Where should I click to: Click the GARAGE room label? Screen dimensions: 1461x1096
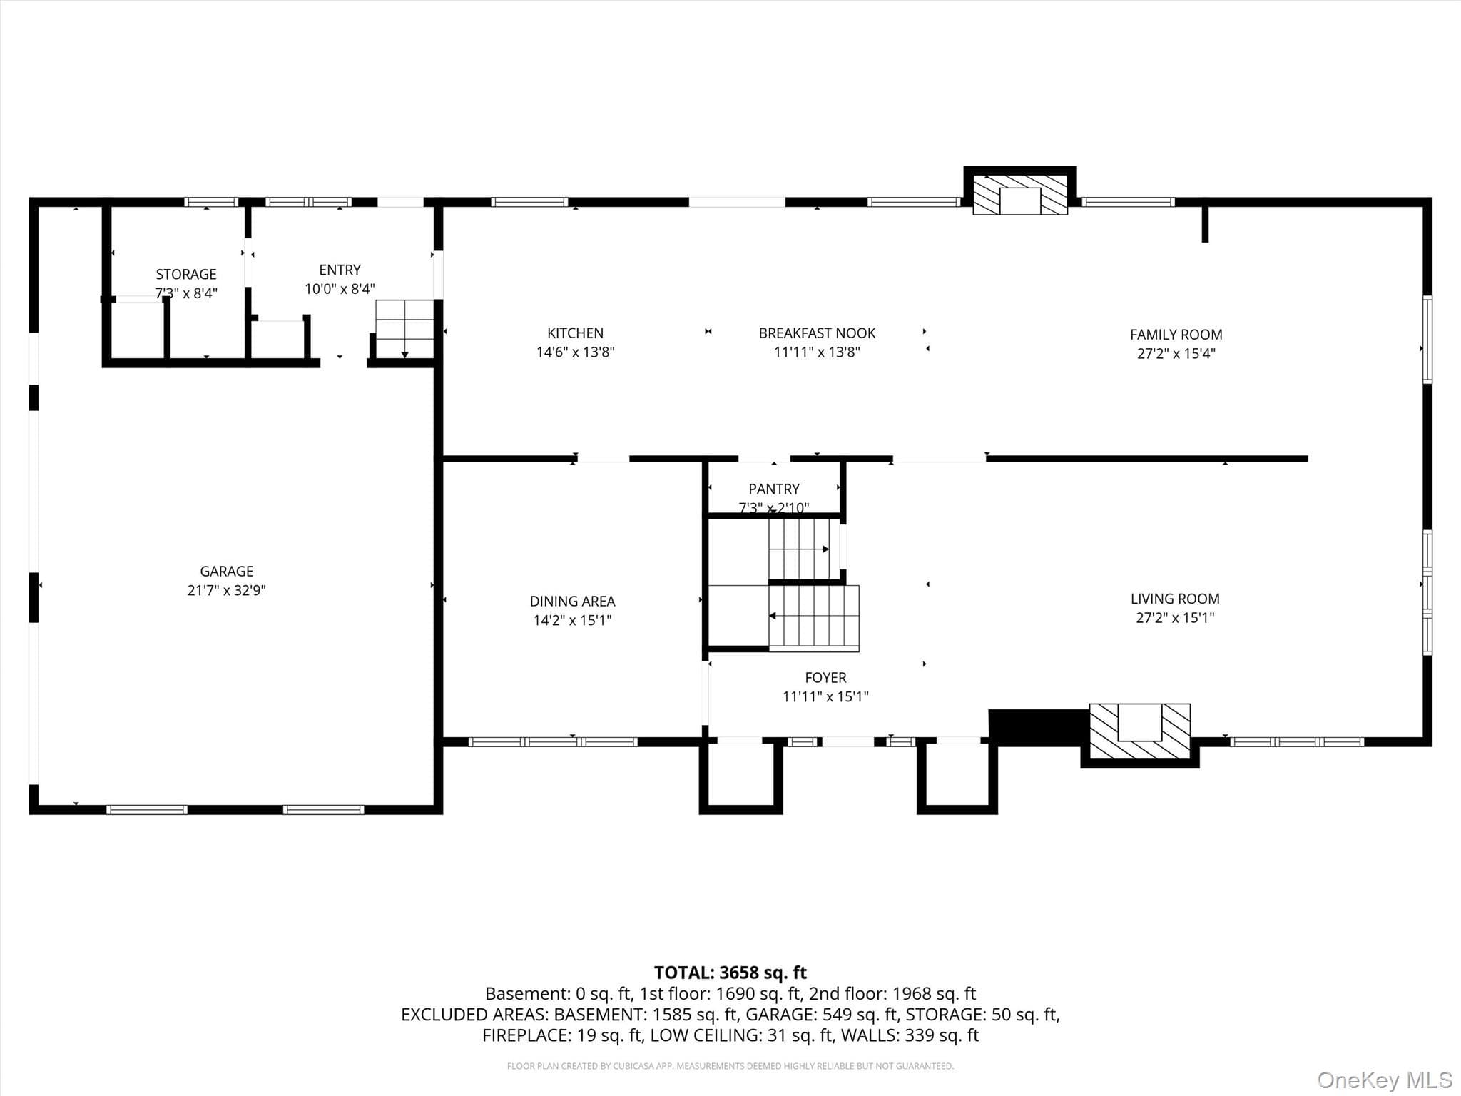[227, 572]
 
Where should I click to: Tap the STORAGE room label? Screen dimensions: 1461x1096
[186, 275]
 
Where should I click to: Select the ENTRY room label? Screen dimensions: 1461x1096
[340, 270]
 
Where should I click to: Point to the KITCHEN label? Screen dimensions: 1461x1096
[575, 333]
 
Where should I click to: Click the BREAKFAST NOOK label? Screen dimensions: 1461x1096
[817, 333]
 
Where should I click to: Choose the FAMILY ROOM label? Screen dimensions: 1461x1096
[1176, 335]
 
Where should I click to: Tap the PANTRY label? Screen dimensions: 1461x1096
[774, 489]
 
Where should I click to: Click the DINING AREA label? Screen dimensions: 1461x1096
[572, 602]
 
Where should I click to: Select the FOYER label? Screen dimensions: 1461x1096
[825, 678]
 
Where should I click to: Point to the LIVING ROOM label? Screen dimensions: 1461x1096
[1175, 599]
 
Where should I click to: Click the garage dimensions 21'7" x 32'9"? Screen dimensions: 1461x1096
[227, 590]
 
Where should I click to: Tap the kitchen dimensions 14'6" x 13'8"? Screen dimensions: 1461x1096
[575, 352]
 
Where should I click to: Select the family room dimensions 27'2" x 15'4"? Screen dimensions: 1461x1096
[1176, 353]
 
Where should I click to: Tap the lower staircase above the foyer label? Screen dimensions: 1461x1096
[814, 618]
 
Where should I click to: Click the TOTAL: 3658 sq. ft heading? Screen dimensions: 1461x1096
[730, 973]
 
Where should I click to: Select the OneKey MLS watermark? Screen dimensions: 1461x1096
[1385, 1080]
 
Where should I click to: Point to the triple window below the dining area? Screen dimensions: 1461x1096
[553, 742]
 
